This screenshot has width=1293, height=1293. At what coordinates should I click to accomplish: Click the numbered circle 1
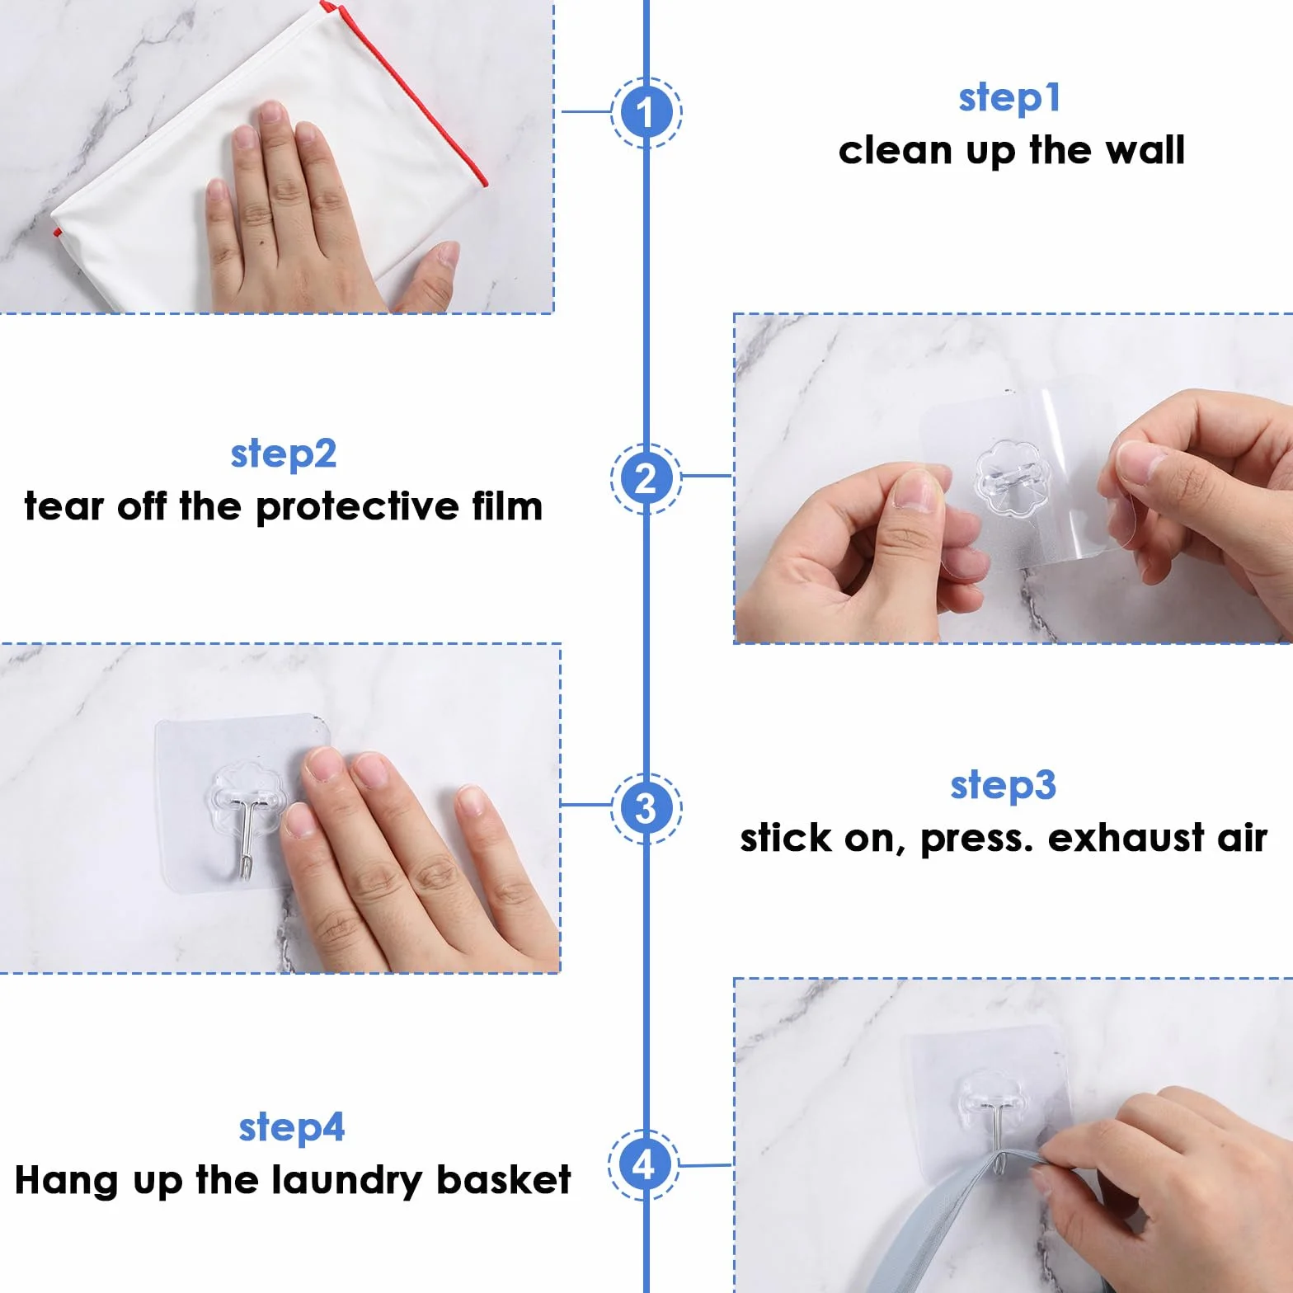point(646,112)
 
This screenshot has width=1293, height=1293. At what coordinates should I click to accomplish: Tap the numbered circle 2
point(646,478)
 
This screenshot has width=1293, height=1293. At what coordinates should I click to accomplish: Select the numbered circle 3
point(646,807)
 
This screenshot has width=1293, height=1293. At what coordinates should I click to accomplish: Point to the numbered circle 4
point(644,1164)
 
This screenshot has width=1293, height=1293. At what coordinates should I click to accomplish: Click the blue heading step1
point(1009,98)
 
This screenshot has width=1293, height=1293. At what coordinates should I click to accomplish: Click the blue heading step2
point(284,454)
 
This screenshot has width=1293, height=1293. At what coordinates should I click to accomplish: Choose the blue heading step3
point(1003,786)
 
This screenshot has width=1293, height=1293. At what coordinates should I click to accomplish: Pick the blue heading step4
point(292,1128)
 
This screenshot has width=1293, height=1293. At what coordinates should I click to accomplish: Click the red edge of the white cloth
point(402,91)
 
